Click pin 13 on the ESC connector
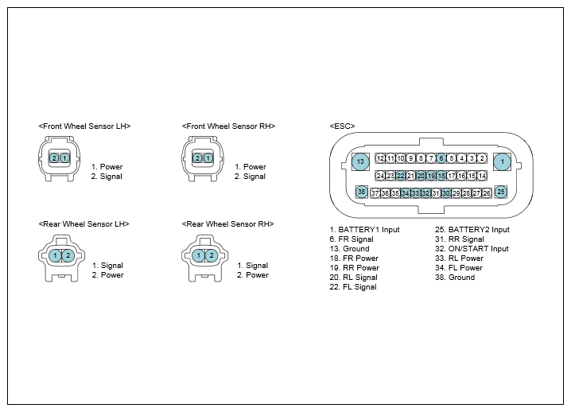point(360,161)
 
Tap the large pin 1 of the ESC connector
point(502,161)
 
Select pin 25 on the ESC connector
point(501,192)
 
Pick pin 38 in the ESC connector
point(361,192)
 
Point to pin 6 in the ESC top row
point(441,158)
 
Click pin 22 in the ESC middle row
point(401,176)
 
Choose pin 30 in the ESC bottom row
point(446,193)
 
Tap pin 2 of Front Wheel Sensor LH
point(54,158)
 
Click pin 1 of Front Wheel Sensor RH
point(208,158)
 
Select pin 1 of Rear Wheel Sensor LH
point(55,255)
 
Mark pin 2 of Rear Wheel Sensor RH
point(212,255)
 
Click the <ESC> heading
point(342,126)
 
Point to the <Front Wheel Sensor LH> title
point(84,126)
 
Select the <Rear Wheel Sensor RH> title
point(228,223)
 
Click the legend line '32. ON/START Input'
point(472,249)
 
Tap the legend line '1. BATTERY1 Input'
point(364,230)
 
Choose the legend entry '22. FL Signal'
point(353,286)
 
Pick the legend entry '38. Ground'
point(455,278)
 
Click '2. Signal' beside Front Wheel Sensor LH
point(107,177)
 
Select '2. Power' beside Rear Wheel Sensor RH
point(253,275)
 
